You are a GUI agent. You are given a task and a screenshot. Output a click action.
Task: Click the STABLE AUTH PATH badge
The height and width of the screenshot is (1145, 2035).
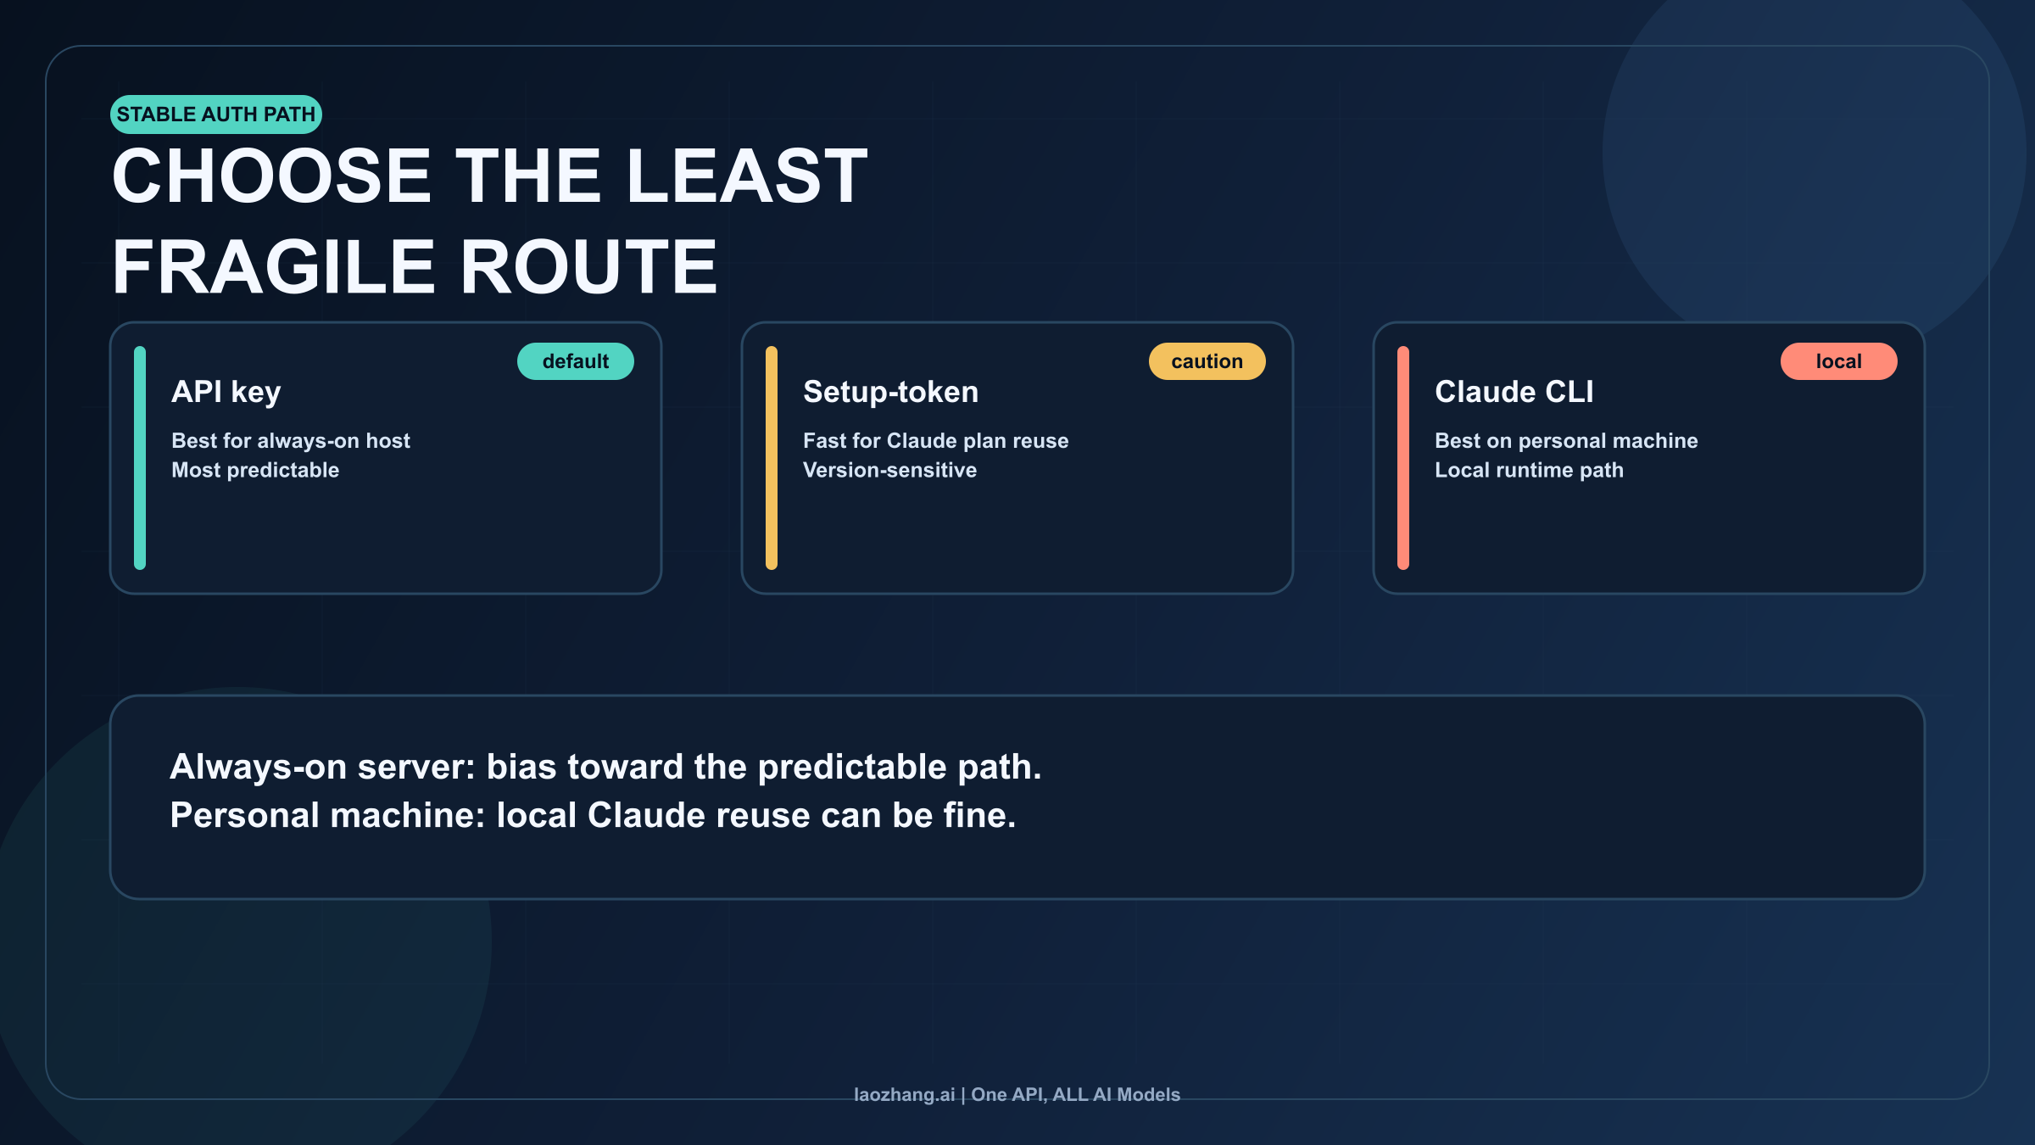coord(215,114)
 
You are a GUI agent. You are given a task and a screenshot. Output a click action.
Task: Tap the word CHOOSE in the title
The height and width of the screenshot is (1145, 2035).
coord(271,176)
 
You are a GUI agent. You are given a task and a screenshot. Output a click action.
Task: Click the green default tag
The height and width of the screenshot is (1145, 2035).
coord(575,361)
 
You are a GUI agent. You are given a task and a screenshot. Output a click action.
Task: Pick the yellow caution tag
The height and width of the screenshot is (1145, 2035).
coord(1207,361)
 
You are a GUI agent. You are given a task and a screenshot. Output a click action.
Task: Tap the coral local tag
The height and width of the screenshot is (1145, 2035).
coord(1838,361)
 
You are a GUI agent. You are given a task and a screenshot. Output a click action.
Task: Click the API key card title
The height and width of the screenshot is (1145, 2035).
coord(226,392)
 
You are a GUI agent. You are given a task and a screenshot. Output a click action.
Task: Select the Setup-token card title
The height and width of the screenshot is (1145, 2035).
coord(890,392)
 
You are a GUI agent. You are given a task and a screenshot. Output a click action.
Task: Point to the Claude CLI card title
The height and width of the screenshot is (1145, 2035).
coord(1514,392)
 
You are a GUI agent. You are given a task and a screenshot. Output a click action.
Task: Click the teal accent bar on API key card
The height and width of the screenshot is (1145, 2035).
coord(140,458)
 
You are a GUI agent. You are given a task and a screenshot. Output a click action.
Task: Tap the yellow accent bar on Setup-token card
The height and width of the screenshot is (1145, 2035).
coord(772,458)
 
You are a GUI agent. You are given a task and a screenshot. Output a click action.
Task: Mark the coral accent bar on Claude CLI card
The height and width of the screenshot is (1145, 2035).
coord(1403,458)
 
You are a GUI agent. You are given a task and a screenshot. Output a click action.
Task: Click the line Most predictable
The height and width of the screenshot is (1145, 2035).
coord(255,470)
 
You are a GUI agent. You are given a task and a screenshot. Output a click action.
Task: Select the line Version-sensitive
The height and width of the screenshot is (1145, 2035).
coord(889,470)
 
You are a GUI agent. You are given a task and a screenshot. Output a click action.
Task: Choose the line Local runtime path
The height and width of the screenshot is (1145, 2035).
coord(1529,470)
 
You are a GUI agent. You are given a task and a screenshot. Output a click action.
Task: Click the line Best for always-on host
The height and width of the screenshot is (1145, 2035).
coord(291,441)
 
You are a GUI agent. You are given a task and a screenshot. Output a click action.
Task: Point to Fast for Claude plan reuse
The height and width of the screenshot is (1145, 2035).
coord(935,441)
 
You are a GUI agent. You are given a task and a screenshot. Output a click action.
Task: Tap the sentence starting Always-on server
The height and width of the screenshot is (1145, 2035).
coord(605,767)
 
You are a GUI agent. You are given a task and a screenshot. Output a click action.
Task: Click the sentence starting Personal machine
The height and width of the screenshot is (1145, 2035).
coord(593,815)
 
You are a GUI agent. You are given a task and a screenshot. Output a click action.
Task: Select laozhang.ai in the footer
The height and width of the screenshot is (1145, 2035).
coord(904,1095)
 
